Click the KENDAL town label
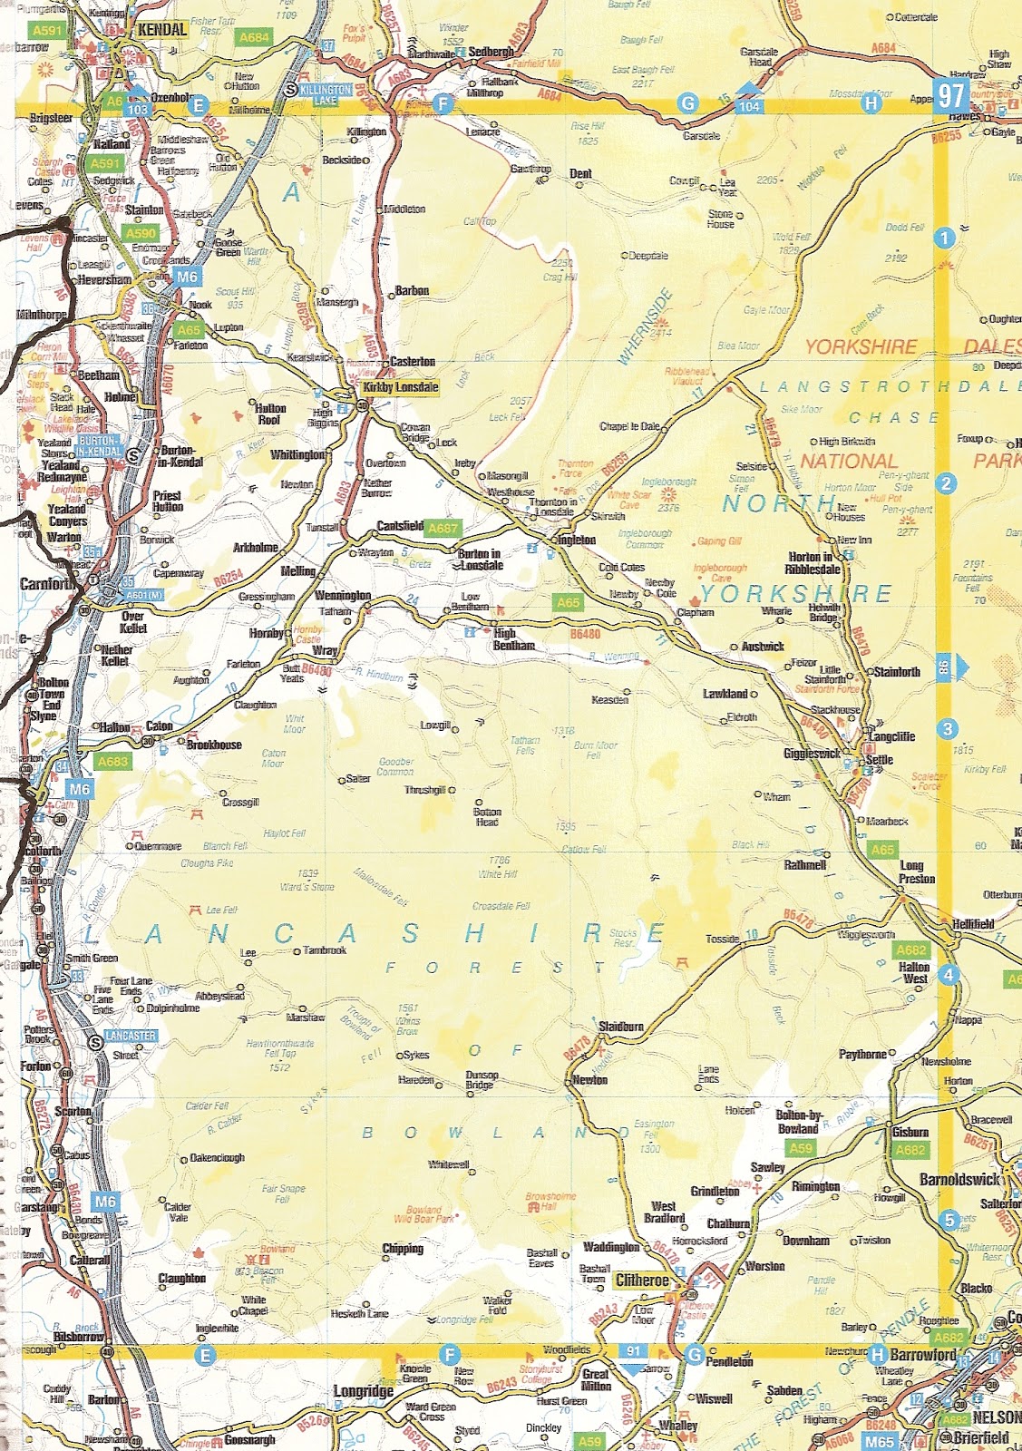point(162,30)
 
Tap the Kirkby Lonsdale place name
point(400,387)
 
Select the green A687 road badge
point(443,528)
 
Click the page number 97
point(951,95)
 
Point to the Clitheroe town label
point(642,1281)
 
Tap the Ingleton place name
point(576,540)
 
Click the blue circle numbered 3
point(948,728)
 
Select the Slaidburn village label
point(621,1027)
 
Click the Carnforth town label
point(48,583)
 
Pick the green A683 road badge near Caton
point(113,762)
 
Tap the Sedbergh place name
point(492,52)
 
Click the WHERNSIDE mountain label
point(646,326)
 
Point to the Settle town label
point(880,760)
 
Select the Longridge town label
point(363,1391)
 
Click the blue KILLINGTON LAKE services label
point(326,94)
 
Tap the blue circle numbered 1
point(944,238)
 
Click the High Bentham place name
point(513,639)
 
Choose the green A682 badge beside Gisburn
point(910,1150)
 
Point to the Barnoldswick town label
point(959,1180)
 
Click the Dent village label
point(580,173)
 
